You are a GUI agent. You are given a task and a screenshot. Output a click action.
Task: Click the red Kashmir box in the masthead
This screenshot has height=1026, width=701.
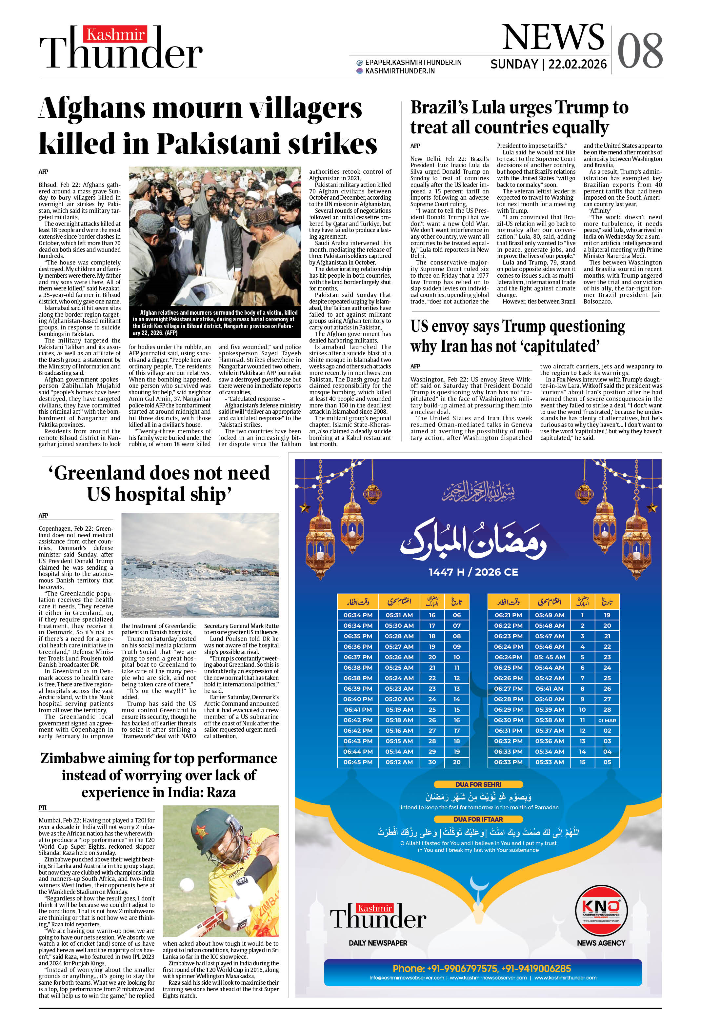[116, 34]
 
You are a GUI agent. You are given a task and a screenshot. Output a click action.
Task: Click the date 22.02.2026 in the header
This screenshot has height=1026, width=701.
[577, 65]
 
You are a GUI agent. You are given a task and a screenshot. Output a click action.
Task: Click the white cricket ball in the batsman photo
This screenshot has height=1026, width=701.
[187, 884]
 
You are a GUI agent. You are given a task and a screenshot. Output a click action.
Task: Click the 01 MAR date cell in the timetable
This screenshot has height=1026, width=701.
[607, 720]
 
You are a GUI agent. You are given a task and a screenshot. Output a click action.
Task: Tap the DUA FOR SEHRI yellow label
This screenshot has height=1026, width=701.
[478, 784]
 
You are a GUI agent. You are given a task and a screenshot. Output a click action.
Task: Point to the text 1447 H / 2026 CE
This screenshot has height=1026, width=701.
[473, 572]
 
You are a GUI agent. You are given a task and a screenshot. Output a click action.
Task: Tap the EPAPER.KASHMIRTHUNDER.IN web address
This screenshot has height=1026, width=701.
[413, 63]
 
